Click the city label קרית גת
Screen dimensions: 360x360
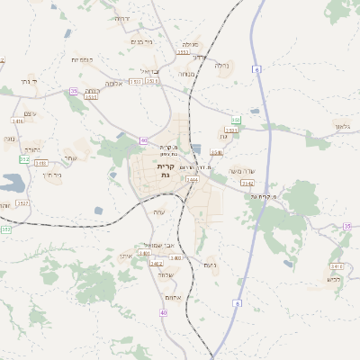pyautogui.click(x=165, y=171)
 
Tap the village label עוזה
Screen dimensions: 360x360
pyautogui.click(x=158, y=211)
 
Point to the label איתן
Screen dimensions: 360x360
pyautogui.click(x=126, y=256)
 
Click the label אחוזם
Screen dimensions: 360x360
pyautogui.click(x=174, y=298)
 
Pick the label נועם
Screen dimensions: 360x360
pyautogui.click(x=210, y=265)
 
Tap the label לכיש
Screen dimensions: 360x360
pyautogui.click(x=333, y=279)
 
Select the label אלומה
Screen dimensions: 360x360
pyautogui.click(x=113, y=83)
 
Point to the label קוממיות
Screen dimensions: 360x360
pyautogui.click(x=83, y=59)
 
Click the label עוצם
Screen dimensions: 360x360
pyautogui.click(x=30, y=112)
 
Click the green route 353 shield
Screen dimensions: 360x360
pyautogui.click(x=5, y=230)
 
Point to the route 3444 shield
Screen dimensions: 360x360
pyautogui.click(x=192, y=180)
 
